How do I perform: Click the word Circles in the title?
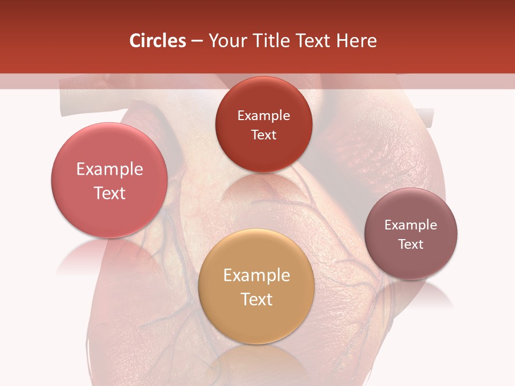point(157,41)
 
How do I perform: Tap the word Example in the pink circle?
point(109,169)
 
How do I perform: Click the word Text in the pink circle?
point(109,193)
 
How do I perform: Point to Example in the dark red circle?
point(263,116)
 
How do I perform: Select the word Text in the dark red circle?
point(263,135)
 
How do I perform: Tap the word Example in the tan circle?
point(256,276)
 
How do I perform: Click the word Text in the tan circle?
point(256,299)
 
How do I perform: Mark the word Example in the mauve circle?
point(411,225)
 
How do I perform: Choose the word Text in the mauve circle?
point(411,244)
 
